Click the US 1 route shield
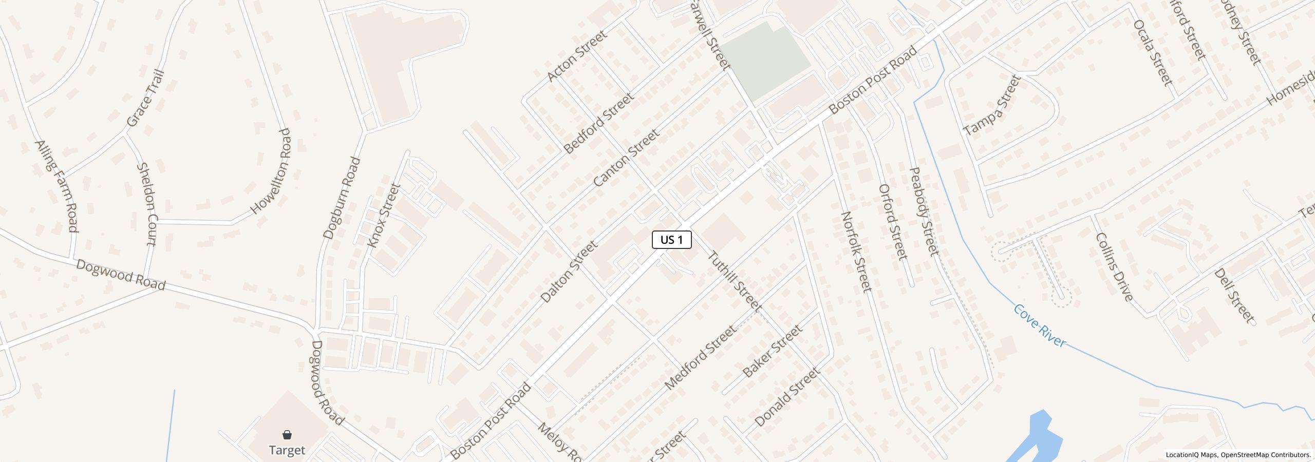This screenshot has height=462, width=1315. pos(671,240)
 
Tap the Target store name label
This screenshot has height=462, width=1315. pos(287,450)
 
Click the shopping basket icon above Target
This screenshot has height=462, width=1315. pos(287,435)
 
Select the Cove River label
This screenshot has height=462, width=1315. pos(1040,325)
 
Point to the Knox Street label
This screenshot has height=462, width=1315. pos(384,216)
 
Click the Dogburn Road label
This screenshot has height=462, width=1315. pos(342,198)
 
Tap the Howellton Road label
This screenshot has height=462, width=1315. pos(270,171)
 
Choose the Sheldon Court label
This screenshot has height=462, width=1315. pos(146,204)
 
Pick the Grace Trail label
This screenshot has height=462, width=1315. pos(145,98)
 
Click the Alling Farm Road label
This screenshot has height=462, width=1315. pos(56,186)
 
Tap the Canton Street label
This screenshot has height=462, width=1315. pos(626,158)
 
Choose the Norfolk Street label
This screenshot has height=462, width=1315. pos(856,252)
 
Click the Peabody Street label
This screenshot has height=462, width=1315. pos(924,211)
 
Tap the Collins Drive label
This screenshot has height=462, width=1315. pos(1114,267)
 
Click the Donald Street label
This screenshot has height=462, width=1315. pos(787,397)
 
